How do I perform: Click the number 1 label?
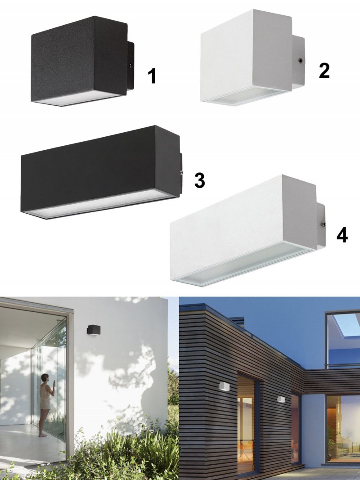click(152, 76)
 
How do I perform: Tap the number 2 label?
click(324, 71)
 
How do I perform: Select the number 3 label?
click(200, 180)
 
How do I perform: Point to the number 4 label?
click(342, 235)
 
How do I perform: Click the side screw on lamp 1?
click(130, 65)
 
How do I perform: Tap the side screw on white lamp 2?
click(300, 60)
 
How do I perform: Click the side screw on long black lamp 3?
click(181, 173)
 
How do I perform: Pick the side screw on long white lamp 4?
click(323, 224)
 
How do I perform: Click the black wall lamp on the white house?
click(93, 330)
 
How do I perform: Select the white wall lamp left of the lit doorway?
click(224, 386)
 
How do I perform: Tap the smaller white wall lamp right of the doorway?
click(281, 399)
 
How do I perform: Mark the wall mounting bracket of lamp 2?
click(298, 63)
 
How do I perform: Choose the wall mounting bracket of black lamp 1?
click(130, 66)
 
